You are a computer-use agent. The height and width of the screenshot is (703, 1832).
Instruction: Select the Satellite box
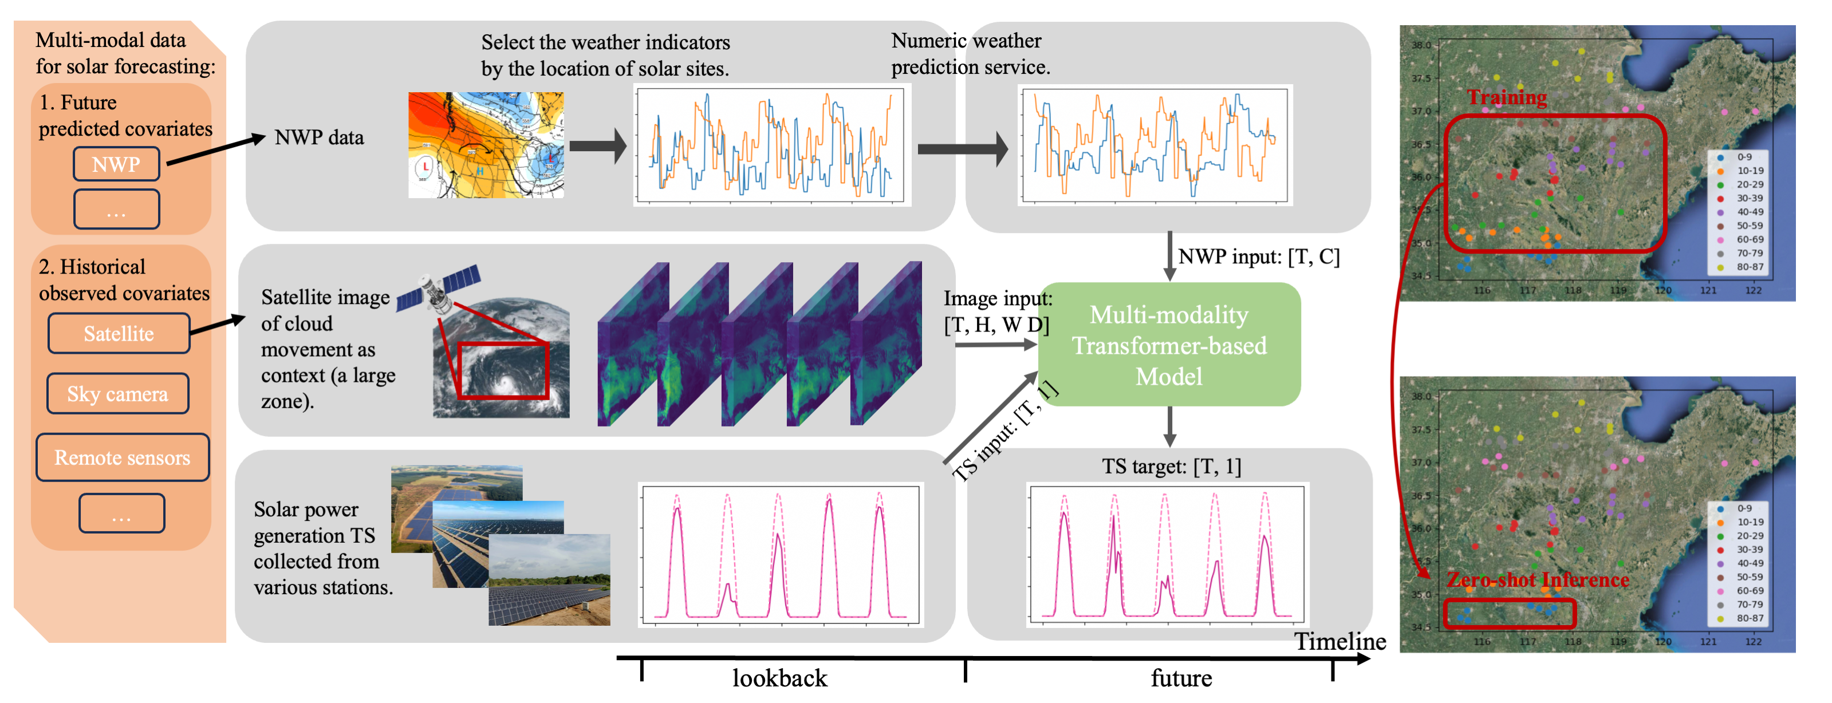pos(119,333)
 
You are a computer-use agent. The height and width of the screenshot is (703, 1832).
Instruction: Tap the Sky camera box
pos(117,394)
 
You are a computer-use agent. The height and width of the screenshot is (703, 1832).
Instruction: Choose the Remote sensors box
pos(123,457)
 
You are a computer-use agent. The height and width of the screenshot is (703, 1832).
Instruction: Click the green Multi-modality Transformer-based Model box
pos(1169,345)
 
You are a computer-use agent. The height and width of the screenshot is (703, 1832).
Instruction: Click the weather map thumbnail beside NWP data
pos(486,145)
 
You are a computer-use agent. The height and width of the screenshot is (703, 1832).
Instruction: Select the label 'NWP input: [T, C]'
pos(1259,256)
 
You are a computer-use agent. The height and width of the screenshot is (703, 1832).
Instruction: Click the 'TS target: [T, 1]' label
pos(1171,467)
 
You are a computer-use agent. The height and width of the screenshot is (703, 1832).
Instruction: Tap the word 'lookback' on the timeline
pos(779,678)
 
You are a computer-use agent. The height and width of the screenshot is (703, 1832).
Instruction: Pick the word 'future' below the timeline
pos(1181,678)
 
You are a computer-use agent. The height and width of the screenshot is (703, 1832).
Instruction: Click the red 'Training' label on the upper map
pos(1507,97)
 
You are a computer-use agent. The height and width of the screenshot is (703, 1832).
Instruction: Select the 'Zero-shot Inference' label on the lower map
pos(1538,580)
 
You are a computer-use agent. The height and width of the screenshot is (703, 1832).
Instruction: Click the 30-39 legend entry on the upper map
pos(1749,198)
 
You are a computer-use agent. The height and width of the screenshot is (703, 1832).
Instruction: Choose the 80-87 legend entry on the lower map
pos(1749,618)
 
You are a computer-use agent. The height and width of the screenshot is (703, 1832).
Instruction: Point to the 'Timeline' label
pos(1340,641)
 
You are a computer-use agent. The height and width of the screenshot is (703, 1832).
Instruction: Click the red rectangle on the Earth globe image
pos(503,370)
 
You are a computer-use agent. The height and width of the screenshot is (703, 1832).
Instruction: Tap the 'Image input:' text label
pos(997,298)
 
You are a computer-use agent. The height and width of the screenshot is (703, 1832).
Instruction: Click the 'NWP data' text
pos(320,138)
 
